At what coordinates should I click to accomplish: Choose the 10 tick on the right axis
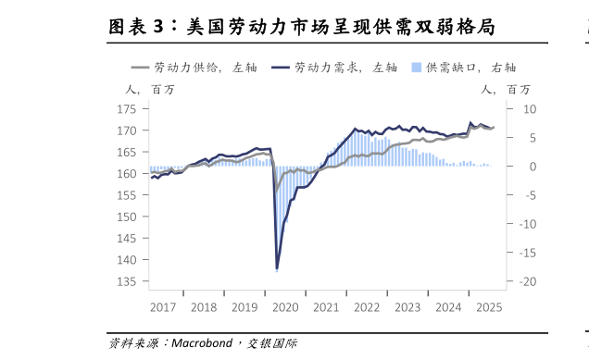(530, 109)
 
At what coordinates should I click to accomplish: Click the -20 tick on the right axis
(528, 281)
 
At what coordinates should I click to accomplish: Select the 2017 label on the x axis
(164, 306)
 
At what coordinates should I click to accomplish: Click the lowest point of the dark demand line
(277, 268)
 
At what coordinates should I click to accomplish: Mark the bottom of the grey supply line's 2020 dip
(276, 192)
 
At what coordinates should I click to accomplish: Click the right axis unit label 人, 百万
(506, 90)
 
